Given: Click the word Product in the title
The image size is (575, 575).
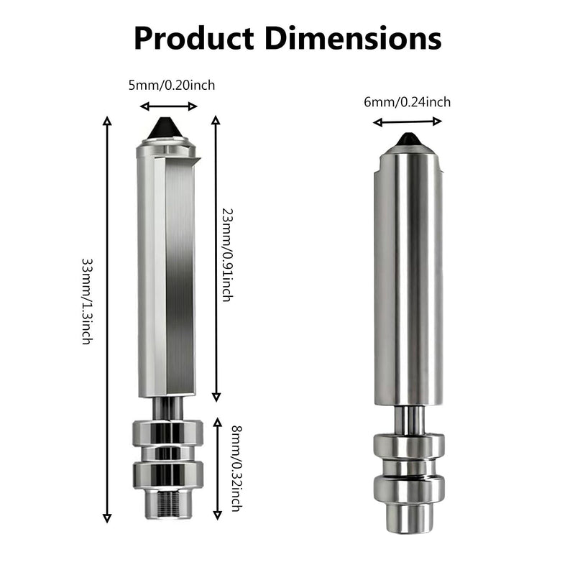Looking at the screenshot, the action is click(194, 39).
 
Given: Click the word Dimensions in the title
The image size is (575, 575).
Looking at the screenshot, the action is click(353, 39).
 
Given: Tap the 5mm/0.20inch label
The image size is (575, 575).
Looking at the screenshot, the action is click(172, 86).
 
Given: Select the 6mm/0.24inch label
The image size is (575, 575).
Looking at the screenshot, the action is click(407, 102).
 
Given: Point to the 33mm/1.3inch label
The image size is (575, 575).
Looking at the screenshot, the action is click(87, 301).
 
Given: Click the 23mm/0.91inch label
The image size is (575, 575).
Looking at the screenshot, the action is click(228, 255).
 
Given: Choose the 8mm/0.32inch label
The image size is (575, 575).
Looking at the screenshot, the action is click(237, 469).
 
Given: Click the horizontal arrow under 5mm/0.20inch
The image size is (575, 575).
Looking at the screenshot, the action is click(169, 106).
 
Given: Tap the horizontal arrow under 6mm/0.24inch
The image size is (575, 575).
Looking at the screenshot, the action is click(407, 122).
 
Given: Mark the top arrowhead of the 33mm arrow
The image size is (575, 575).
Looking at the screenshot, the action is click(106, 121).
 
